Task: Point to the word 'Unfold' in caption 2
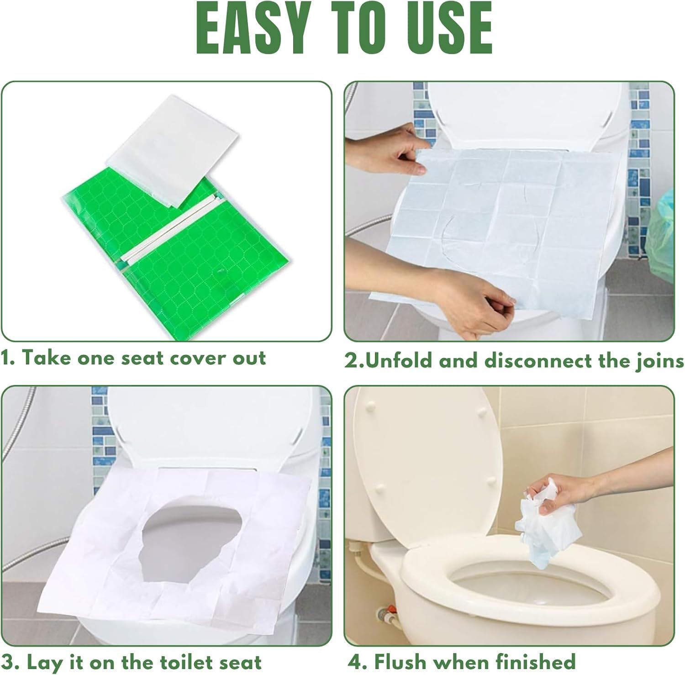399,360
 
